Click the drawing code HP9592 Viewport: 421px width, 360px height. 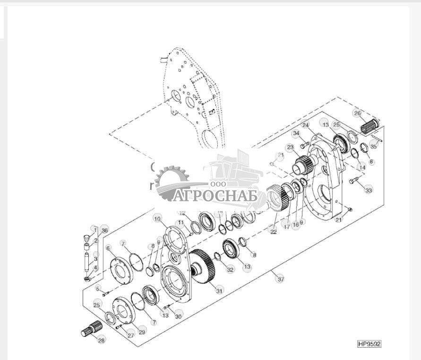(369, 344)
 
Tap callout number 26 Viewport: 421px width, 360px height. (357, 113)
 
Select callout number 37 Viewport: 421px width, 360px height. (281, 279)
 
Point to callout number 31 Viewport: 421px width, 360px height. (219, 290)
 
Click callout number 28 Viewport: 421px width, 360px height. (101, 340)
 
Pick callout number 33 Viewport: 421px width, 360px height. (368, 190)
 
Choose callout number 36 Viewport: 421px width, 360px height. (104, 230)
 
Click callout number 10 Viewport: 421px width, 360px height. (157, 219)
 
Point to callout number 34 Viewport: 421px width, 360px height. (296, 133)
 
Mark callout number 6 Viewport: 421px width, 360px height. (108, 248)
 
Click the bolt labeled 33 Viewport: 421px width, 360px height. (354, 181)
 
